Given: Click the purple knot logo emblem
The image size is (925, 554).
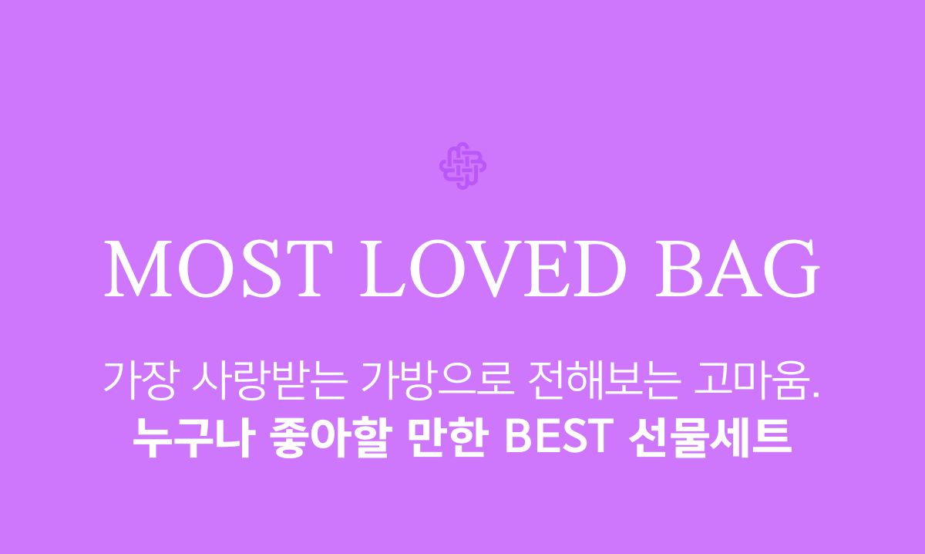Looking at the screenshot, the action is (462, 166).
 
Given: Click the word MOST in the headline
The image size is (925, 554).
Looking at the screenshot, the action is (218, 269).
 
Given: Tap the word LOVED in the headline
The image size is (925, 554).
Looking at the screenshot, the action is (493, 269).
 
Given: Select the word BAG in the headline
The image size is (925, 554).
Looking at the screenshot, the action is (738, 269).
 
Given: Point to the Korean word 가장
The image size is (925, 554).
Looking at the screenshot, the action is (140, 380).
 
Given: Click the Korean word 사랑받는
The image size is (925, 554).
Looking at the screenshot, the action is (270, 380).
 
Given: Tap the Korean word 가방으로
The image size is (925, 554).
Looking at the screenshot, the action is (438, 380).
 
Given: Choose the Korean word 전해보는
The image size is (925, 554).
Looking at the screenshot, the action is (604, 380).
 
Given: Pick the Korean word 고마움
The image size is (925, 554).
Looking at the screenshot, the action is (751, 380).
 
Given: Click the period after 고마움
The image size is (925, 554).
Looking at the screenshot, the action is (816, 394).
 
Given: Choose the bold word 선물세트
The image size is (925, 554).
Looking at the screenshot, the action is (710, 437).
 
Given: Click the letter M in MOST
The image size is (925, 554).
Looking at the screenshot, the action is (138, 269).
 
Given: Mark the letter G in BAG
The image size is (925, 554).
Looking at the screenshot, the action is (792, 269).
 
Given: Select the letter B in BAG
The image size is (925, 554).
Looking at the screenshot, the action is (679, 269).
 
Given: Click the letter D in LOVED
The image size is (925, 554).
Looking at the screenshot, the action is (597, 269).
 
